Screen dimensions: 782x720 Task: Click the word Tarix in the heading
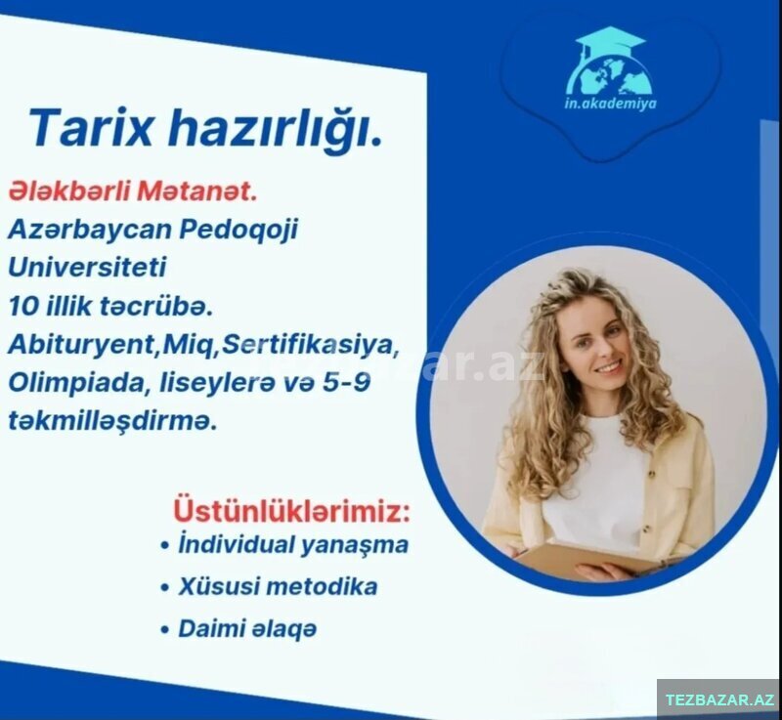coord(90,127)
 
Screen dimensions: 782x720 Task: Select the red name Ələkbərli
coord(68,191)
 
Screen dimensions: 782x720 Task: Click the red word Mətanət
coord(197,191)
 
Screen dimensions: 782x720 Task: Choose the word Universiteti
coord(87,267)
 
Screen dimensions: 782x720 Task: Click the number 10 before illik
coord(22,306)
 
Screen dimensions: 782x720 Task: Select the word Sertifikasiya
coord(310,345)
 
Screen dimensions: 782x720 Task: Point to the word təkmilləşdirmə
coord(112,421)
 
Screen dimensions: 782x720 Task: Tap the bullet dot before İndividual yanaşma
coord(164,545)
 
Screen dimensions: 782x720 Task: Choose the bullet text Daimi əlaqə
coord(247,629)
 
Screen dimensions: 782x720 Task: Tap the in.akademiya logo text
coord(610,104)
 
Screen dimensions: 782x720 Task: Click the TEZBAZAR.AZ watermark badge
coord(719,699)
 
